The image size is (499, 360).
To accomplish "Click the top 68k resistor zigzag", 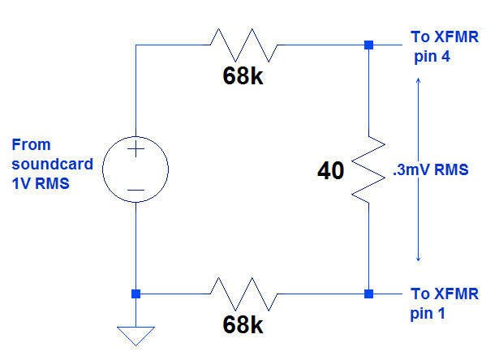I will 243,45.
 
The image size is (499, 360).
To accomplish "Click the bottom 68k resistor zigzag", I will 243,293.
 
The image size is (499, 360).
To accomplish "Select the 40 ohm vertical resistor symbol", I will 368,170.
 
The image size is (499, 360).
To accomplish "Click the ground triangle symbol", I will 136,335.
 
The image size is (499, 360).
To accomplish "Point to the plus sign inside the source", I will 136,150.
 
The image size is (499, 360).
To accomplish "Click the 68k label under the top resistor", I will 243,78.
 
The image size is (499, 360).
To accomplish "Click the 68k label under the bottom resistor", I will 243,327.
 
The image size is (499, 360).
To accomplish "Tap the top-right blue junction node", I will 368,45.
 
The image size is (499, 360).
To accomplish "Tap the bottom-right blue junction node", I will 368,293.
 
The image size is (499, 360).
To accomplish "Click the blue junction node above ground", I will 136,293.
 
